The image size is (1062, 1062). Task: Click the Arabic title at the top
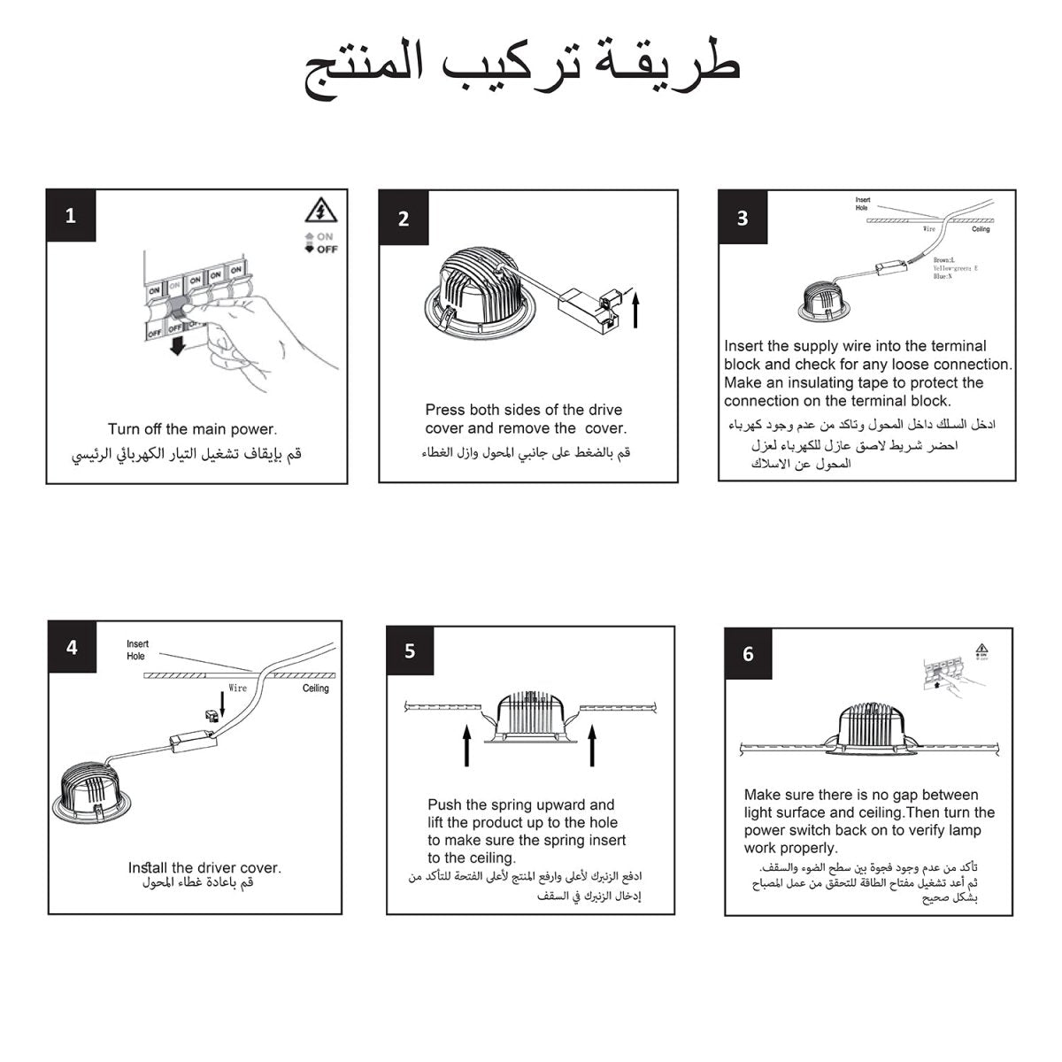[522, 69]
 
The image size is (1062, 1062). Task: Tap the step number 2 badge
[404, 219]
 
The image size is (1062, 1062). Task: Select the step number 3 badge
[743, 218]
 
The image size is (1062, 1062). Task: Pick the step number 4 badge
[72, 648]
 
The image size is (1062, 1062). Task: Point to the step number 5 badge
[410, 651]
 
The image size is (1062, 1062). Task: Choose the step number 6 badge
[749, 654]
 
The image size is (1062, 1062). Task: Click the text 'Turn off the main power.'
[192, 429]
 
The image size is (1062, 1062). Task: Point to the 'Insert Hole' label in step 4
[137, 650]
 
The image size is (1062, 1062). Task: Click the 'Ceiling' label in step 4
[316, 688]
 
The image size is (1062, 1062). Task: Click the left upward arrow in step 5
[466, 745]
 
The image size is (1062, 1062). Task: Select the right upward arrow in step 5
[592, 745]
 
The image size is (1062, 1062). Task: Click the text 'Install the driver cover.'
[204, 867]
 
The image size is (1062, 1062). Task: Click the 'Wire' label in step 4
[237, 688]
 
